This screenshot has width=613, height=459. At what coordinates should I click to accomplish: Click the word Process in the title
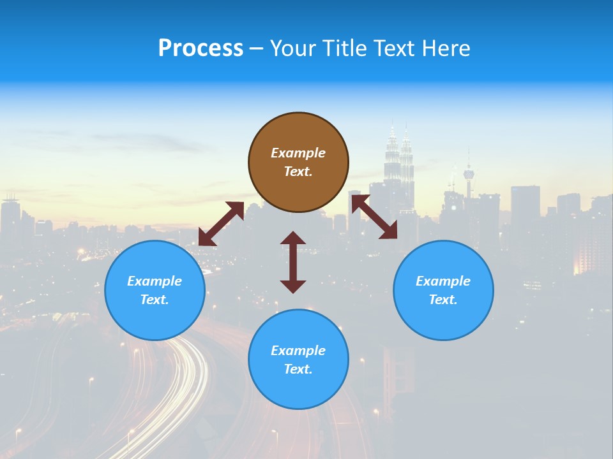(201, 48)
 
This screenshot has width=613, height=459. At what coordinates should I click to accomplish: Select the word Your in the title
(292, 48)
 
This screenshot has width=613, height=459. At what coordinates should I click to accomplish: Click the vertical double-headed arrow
(293, 262)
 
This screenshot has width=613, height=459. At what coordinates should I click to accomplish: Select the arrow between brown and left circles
(221, 224)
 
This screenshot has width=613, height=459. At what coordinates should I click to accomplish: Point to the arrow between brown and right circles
(374, 217)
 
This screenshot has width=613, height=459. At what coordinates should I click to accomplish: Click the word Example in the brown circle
(298, 153)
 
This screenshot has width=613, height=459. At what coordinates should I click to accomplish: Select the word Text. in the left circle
(155, 300)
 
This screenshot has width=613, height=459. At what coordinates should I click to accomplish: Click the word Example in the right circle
(443, 281)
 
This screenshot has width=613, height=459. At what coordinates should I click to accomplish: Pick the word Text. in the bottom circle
(298, 369)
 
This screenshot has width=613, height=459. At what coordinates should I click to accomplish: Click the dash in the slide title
(257, 49)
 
